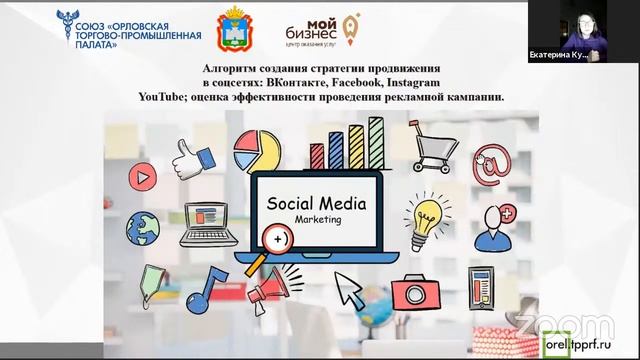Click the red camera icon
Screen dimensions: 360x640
[x=413, y=293]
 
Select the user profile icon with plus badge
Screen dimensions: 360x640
[x=494, y=226]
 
